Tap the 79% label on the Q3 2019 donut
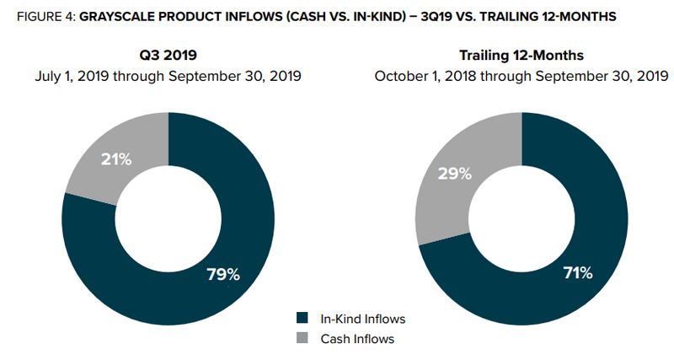click(x=223, y=275)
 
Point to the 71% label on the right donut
click(x=578, y=273)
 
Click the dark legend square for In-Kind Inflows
click(x=302, y=319)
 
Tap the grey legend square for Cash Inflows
click(x=302, y=339)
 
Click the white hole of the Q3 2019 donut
click(x=168, y=218)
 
